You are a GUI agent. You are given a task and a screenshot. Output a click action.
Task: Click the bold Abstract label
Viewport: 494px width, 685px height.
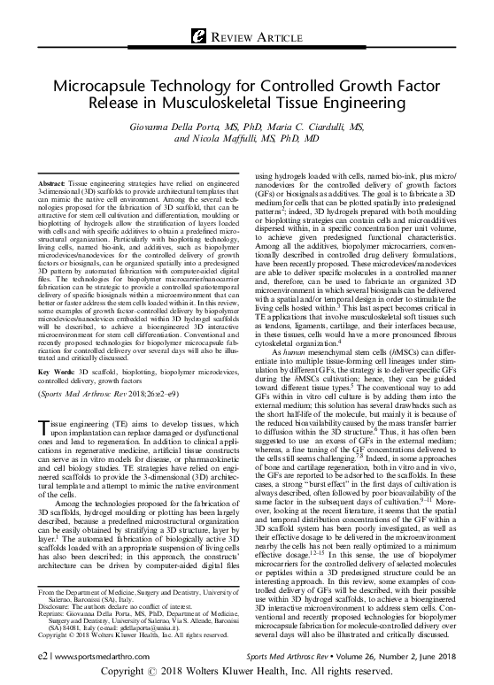[58, 181]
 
